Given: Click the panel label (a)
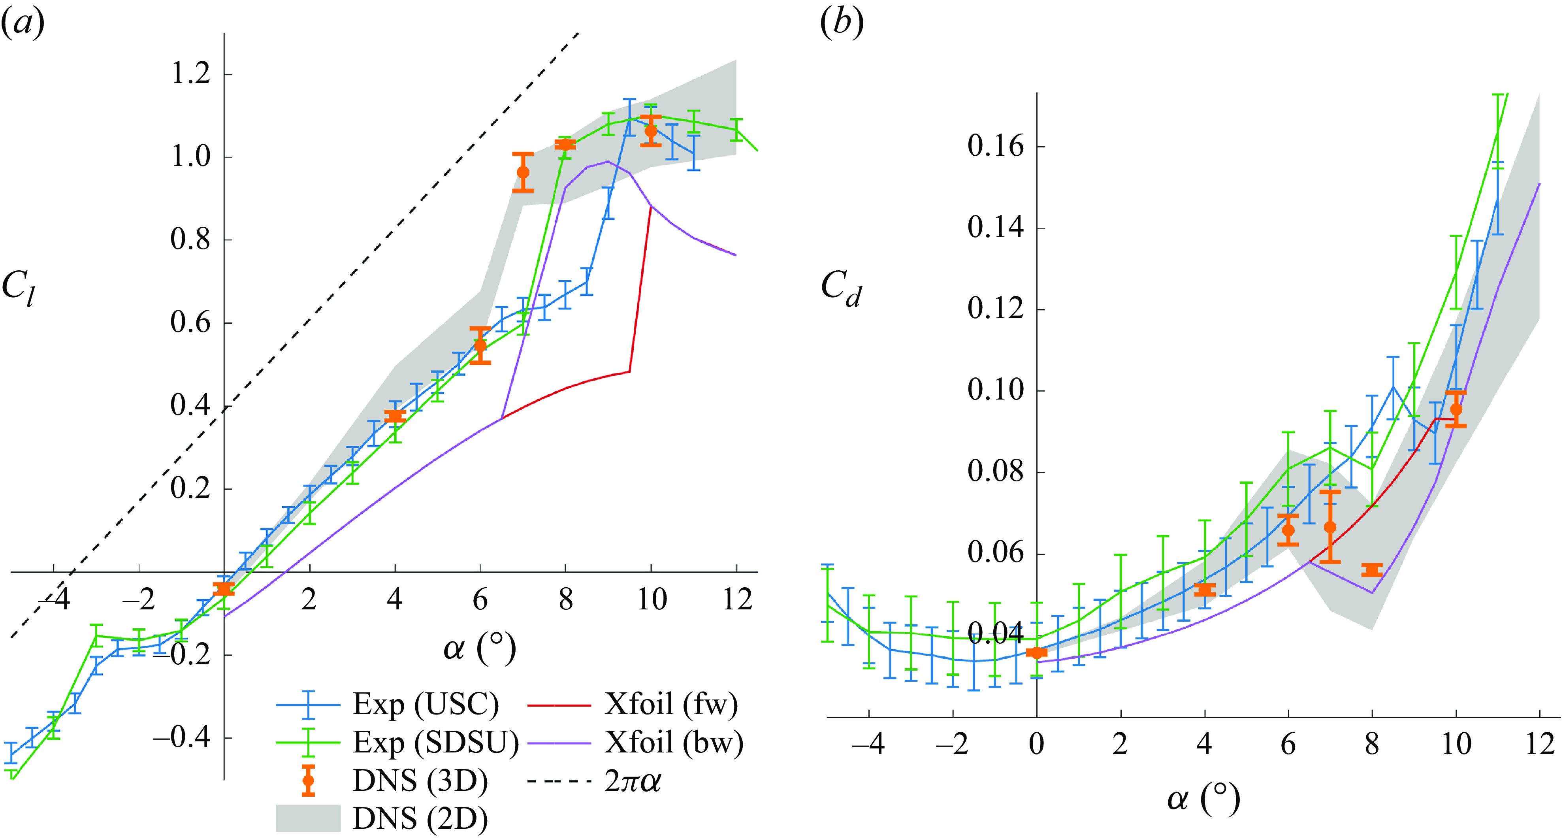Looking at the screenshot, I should click(x=23, y=24).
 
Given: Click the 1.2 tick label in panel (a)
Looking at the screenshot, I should click(x=190, y=74).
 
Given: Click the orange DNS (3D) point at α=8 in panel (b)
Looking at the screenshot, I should click(x=1372, y=570).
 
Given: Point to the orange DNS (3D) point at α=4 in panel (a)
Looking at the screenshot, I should click(x=395, y=416).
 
